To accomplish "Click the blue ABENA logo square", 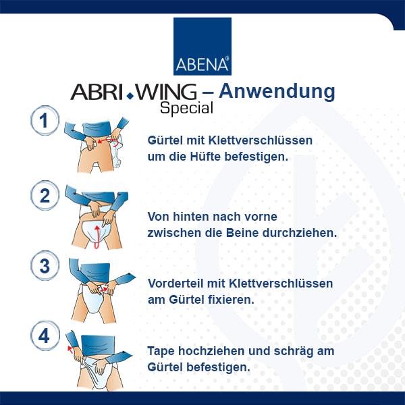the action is coord(202,47).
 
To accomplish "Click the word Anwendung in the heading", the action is coord(277,92).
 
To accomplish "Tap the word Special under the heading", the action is coord(186,108).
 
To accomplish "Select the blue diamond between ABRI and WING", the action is coord(130,96).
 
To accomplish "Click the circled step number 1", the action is coord(45,121).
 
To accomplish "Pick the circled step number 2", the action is coord(45,196).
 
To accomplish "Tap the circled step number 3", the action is coord(45,266).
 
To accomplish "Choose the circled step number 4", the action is coord(45,336).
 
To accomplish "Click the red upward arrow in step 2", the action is coord(97,237).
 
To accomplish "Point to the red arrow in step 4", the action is coord(70,349).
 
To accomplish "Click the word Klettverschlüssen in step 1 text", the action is coord(261,140).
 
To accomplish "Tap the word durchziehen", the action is coord(300,233).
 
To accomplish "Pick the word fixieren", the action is coord(238,300).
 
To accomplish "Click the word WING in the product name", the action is coord(166,92).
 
